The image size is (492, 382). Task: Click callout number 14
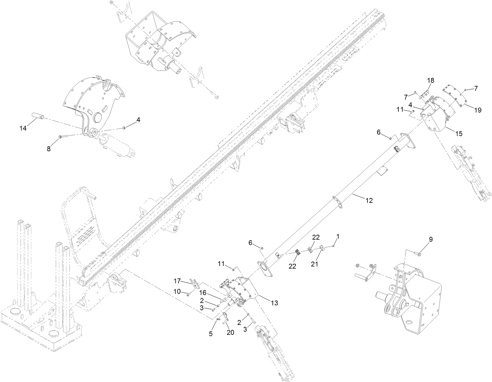pos(23,128)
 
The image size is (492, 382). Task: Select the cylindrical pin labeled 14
pos(38,117)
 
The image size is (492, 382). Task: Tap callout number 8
pos(49,149)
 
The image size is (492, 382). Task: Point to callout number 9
pos(430,239)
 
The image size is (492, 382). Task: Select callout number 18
pos(431,80)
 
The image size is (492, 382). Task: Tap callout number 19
pos(478,110)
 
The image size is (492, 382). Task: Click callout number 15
pos(459,133)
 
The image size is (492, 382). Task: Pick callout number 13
pos(274,303)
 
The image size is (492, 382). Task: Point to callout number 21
pos(314,264)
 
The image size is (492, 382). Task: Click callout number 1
pos(338,236)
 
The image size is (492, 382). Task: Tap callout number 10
pos(177,292)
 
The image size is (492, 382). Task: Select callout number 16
pos(202,292)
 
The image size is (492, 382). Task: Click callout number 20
pos(230,333)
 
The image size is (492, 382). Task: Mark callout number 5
pos(211,333)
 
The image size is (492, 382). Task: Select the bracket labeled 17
pos(194,283)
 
